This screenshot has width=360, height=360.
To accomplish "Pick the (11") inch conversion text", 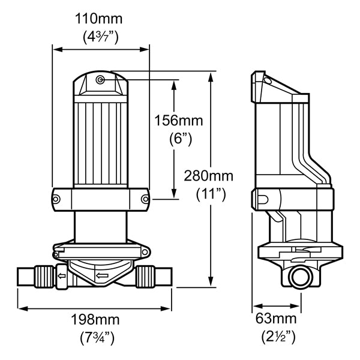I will (211, 194).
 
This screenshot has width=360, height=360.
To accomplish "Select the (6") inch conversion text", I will (178, 138).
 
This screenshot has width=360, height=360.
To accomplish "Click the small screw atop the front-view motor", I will (100, 80).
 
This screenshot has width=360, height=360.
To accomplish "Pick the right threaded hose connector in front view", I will (143, 277).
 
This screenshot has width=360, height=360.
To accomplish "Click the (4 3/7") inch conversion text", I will (101, 37).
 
